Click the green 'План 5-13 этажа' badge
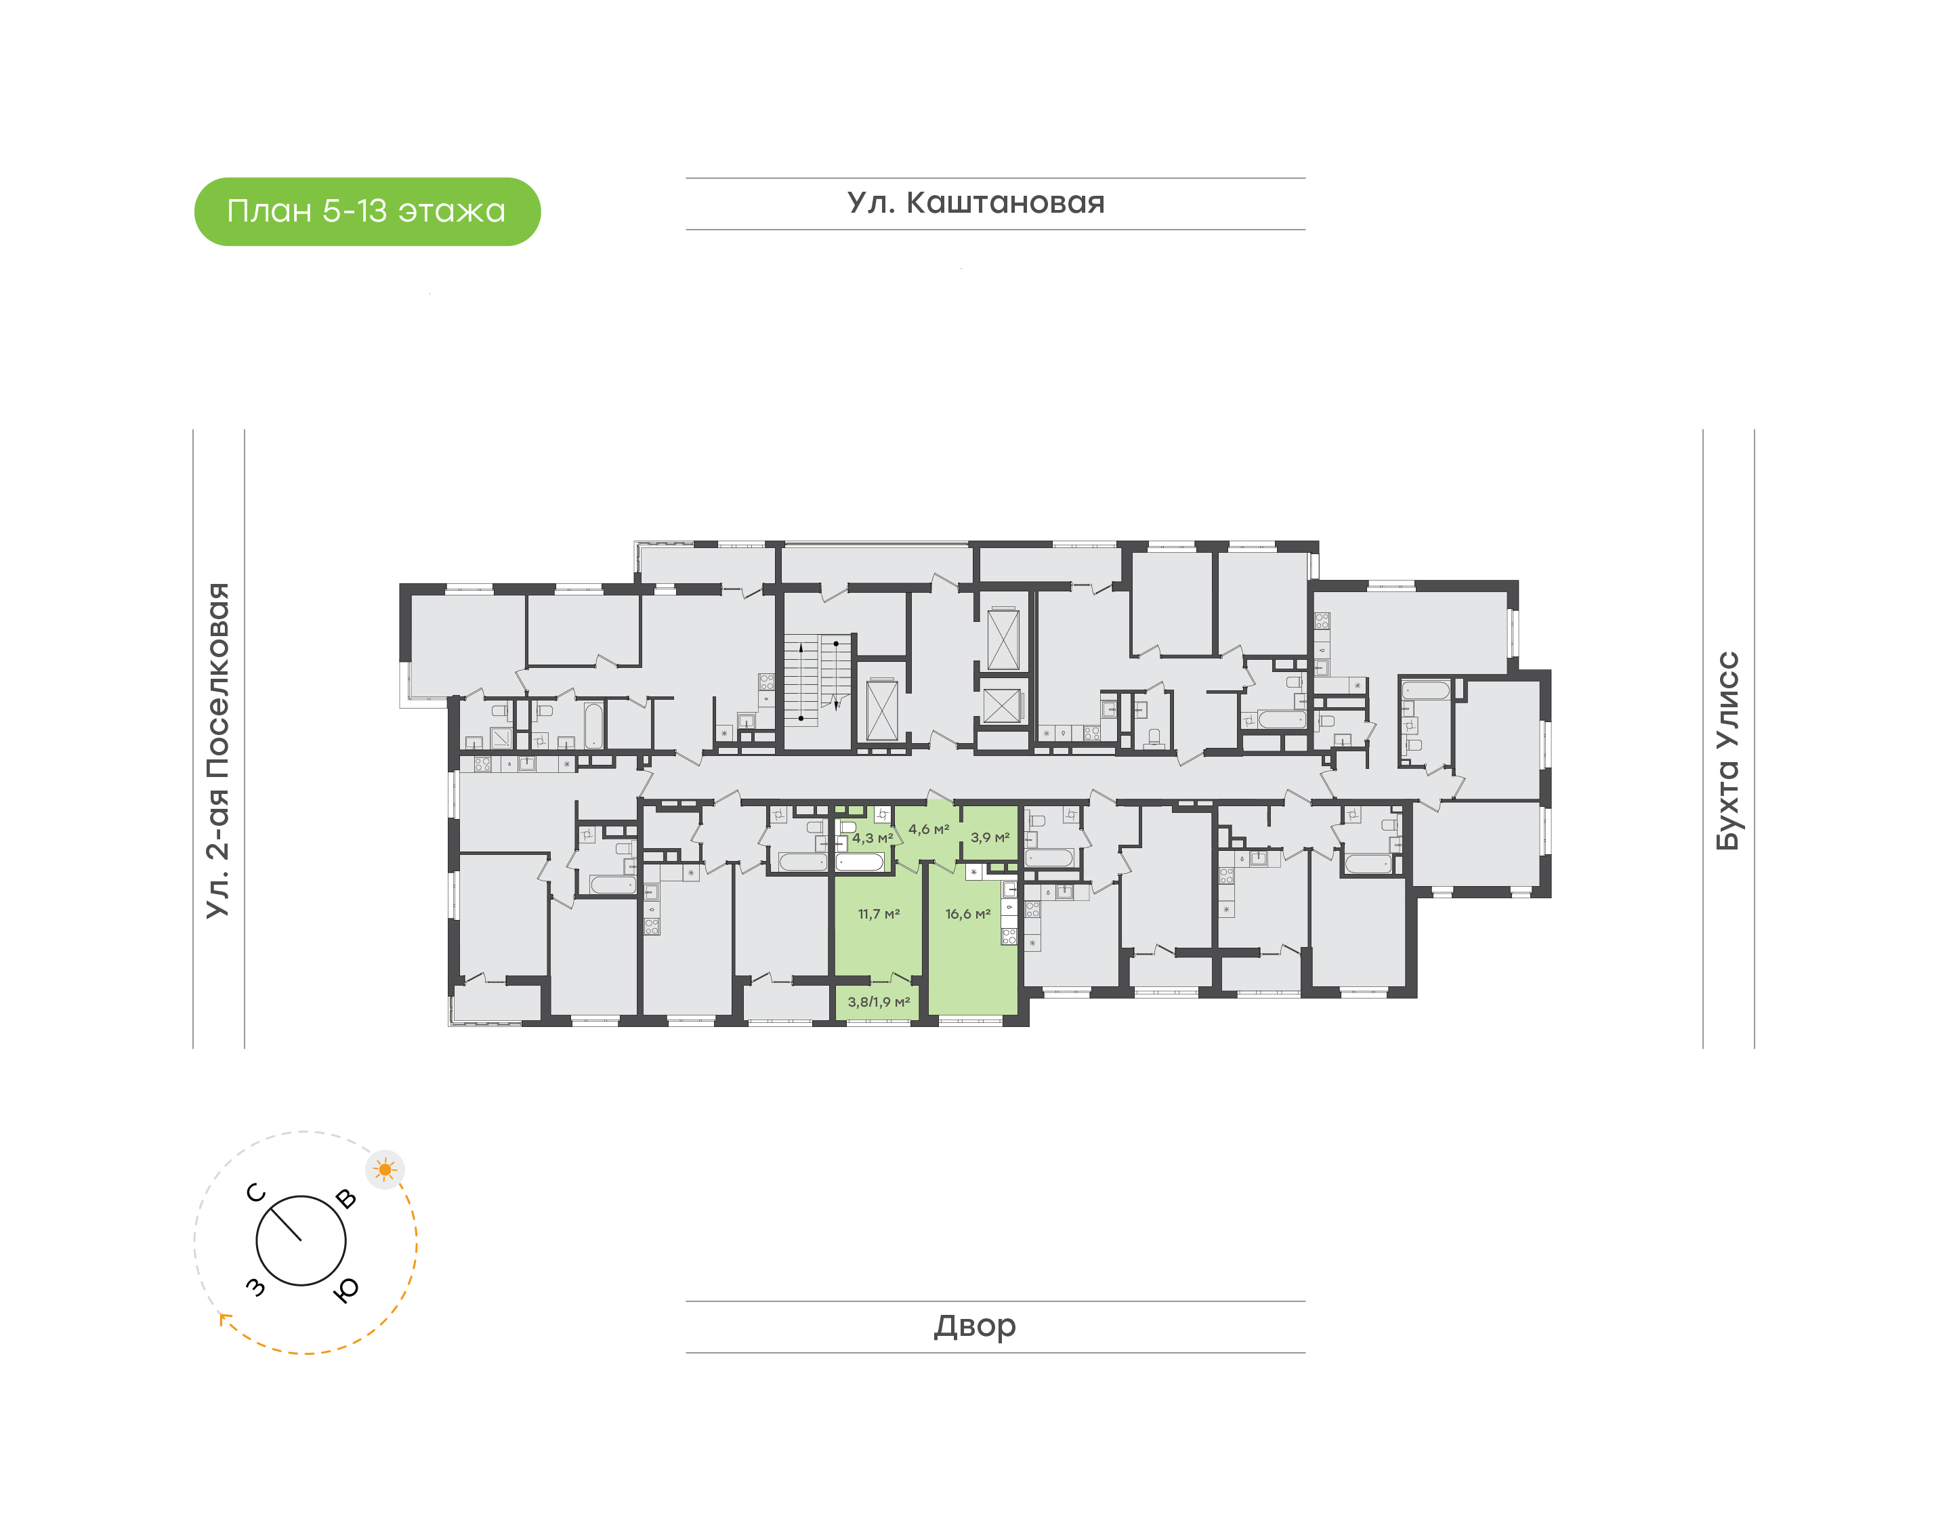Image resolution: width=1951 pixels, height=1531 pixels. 367,211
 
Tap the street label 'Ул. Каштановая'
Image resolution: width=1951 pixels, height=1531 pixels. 976,203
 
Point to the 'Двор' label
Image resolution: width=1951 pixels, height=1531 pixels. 975,1326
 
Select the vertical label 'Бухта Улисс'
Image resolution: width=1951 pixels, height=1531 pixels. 1727,751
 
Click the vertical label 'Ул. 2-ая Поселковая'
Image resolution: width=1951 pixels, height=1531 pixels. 217,751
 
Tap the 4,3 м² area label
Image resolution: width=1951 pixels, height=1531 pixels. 872,838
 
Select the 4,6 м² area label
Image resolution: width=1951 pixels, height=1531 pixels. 929,829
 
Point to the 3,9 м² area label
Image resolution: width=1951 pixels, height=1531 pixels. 990,837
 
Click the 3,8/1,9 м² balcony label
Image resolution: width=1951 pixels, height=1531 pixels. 878,1002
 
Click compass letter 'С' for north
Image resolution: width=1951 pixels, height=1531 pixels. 256,1193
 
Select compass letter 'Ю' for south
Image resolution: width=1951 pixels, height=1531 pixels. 346,1289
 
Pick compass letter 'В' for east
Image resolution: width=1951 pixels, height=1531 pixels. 346,1198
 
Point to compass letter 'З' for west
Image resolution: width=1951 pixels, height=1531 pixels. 255,1288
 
